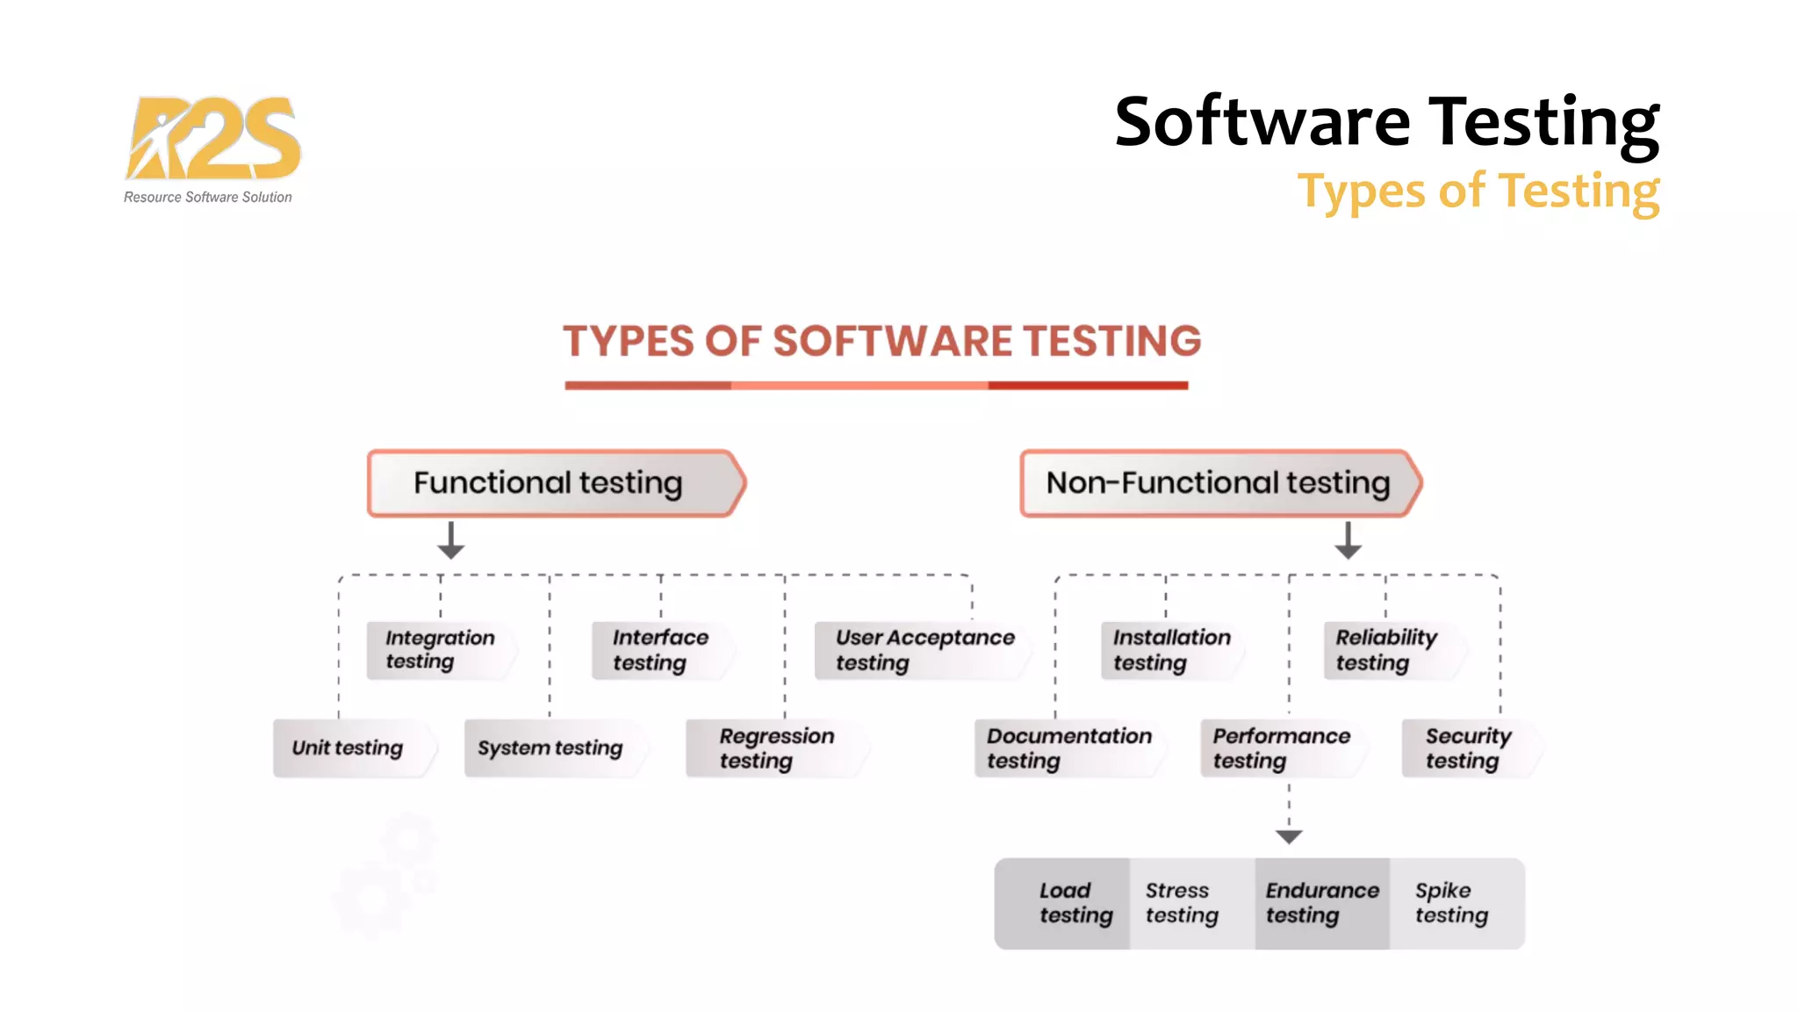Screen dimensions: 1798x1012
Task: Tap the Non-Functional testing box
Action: [x=1219, y=483]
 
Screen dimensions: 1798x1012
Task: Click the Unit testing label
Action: [x=351, y=748]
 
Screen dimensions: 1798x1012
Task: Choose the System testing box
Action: [x=553, y=748]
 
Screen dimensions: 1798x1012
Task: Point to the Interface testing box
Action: [x=662, y=650]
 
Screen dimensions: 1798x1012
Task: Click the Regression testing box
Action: [x=776, y=748]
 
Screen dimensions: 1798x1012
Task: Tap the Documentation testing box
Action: [x=1069, y=748]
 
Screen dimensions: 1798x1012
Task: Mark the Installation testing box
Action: [x=1171, y=650]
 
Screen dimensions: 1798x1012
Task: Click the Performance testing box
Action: [x=1282, y=748]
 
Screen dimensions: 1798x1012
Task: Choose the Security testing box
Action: [x=1470, y=748]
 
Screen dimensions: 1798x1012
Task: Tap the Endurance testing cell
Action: [x=1322, y=903]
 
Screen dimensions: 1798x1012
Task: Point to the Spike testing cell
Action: [x=1454, y=903]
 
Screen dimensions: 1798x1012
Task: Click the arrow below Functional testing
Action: [x=450, y=540]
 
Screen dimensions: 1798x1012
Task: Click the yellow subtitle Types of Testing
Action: [x=1478, y=192]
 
